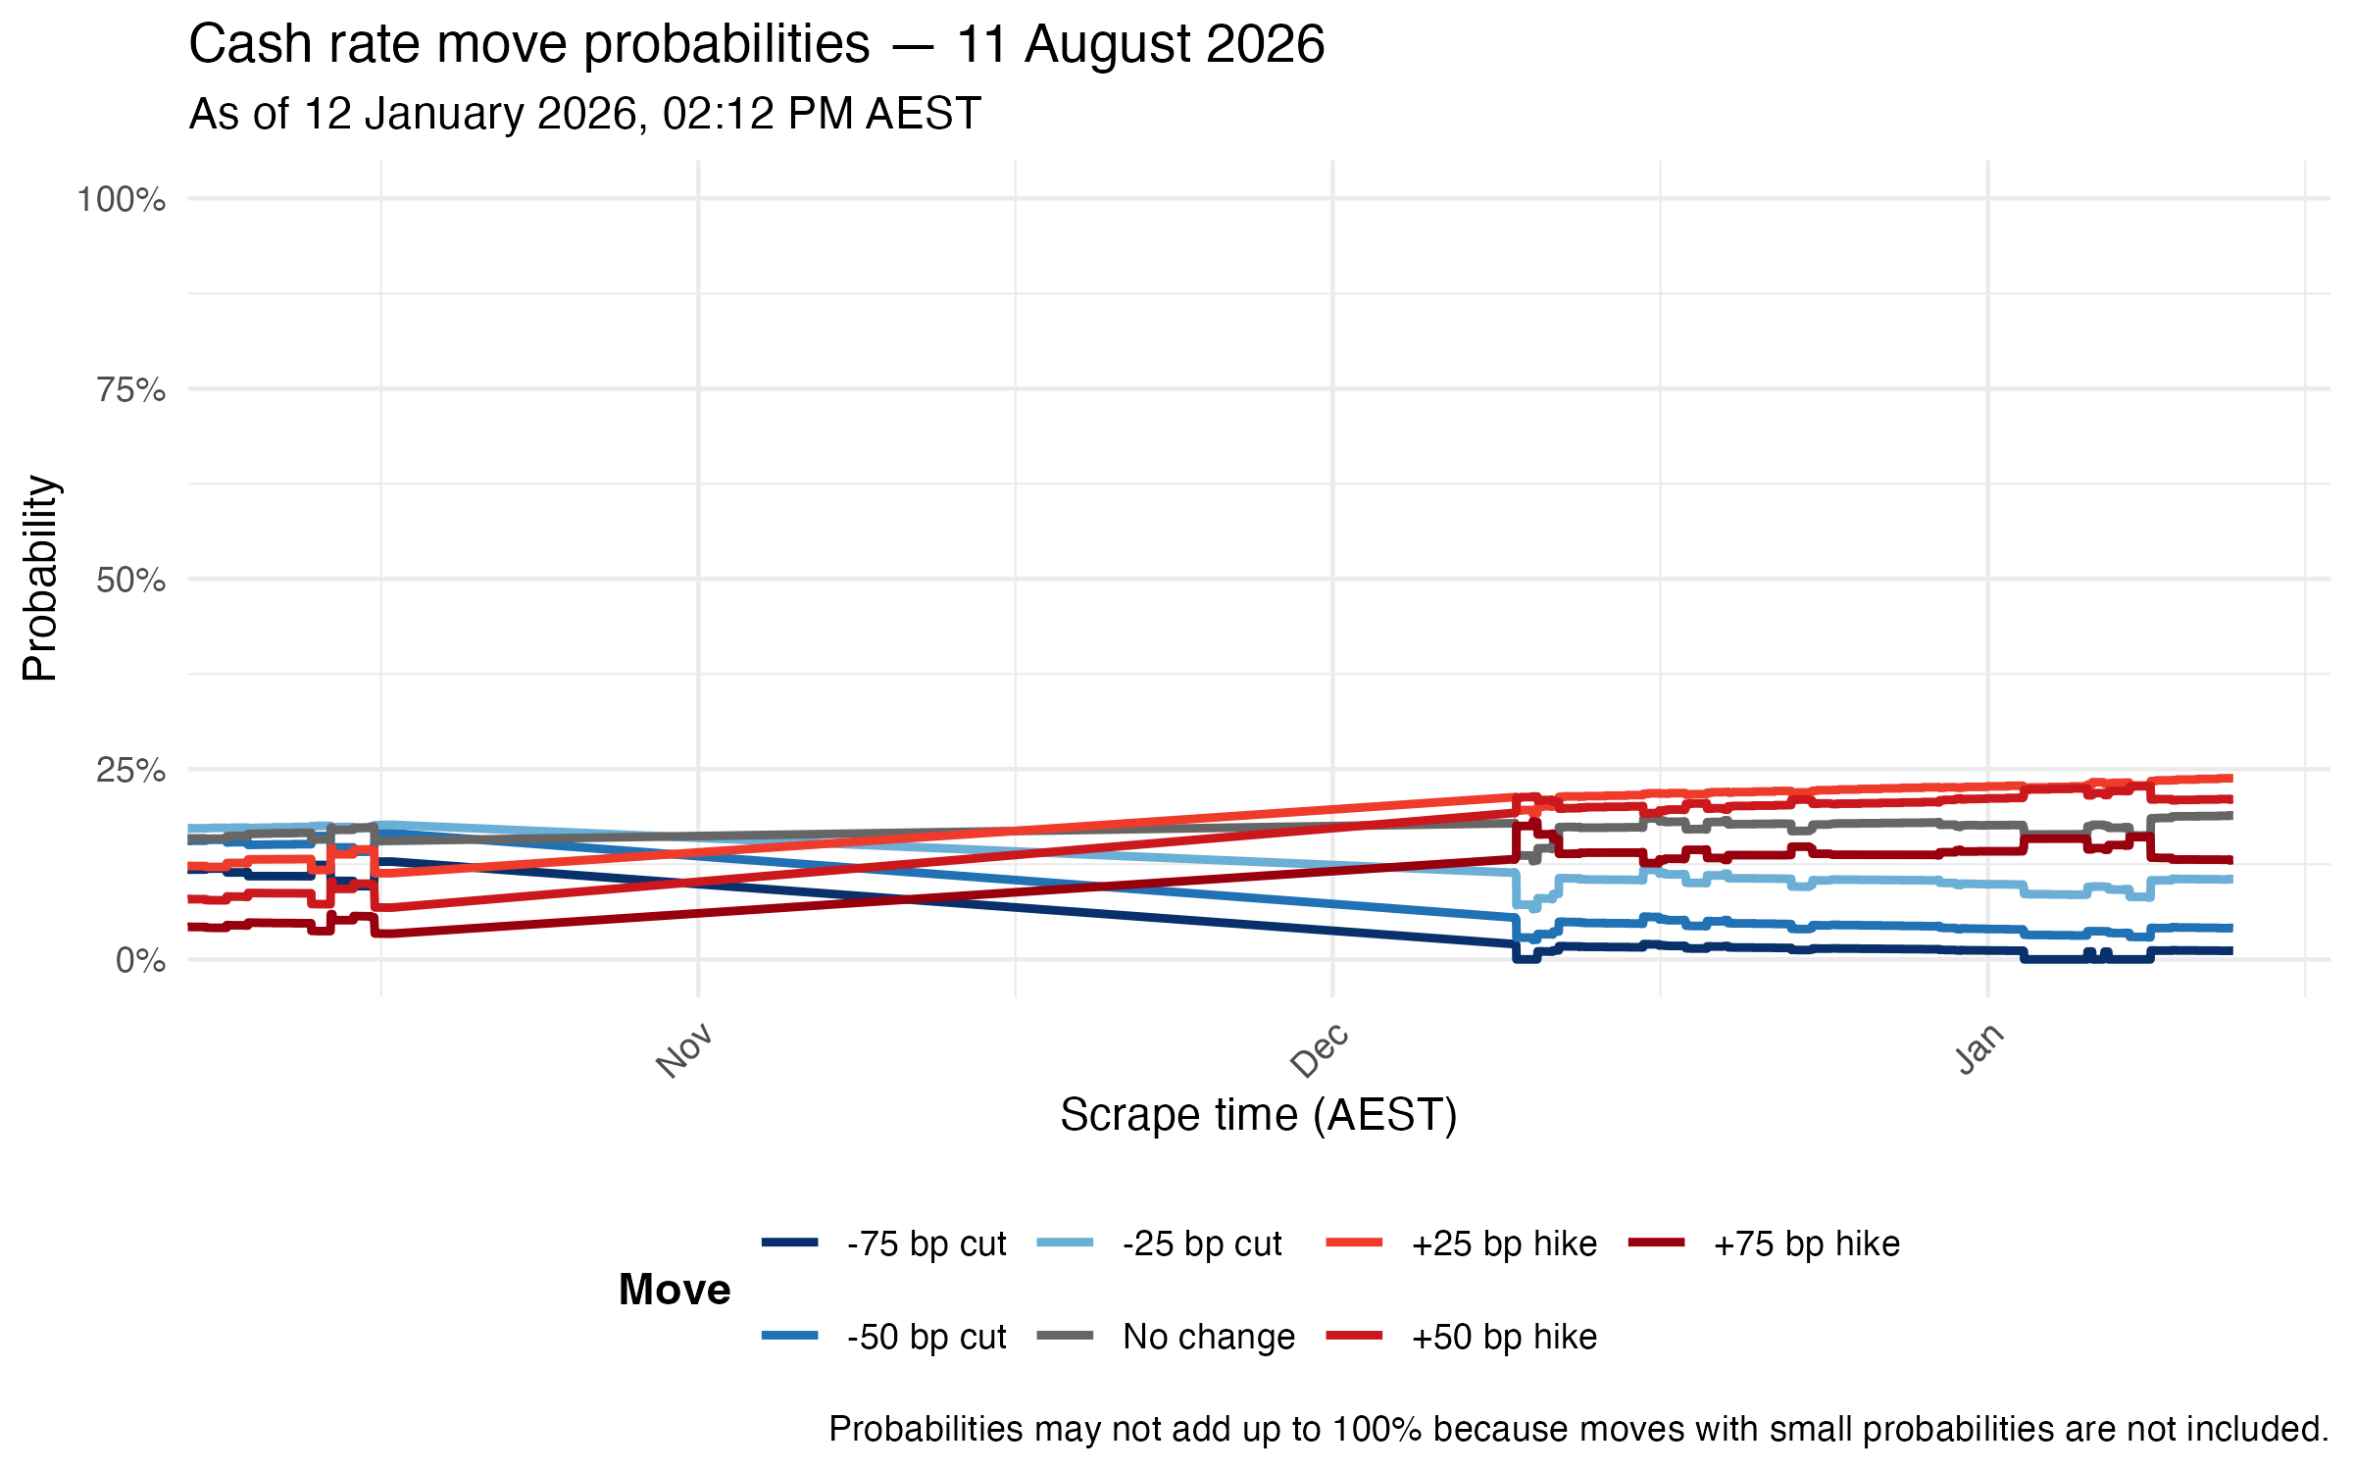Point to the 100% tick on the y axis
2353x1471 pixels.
click(x=122, y=200)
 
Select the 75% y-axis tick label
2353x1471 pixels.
click(x=130, y=390)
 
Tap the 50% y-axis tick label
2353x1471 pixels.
click(x=130, y=580)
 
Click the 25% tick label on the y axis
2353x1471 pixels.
click(x=130, y=770)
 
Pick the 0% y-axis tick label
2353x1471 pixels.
click(x=140, y=960)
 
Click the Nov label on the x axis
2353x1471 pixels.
click(x=684, y=1050)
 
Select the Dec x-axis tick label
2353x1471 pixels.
click(x=1320, y=1050)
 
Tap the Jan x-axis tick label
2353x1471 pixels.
click(x=1979, y=1048)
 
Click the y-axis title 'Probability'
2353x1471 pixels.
click(x=41, y=579)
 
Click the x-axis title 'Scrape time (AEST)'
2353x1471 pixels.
click(x=1259, y=1115)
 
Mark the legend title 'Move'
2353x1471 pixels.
click(x=675, y=1290)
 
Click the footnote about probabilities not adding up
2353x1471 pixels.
click(x=1578, y=1429)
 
